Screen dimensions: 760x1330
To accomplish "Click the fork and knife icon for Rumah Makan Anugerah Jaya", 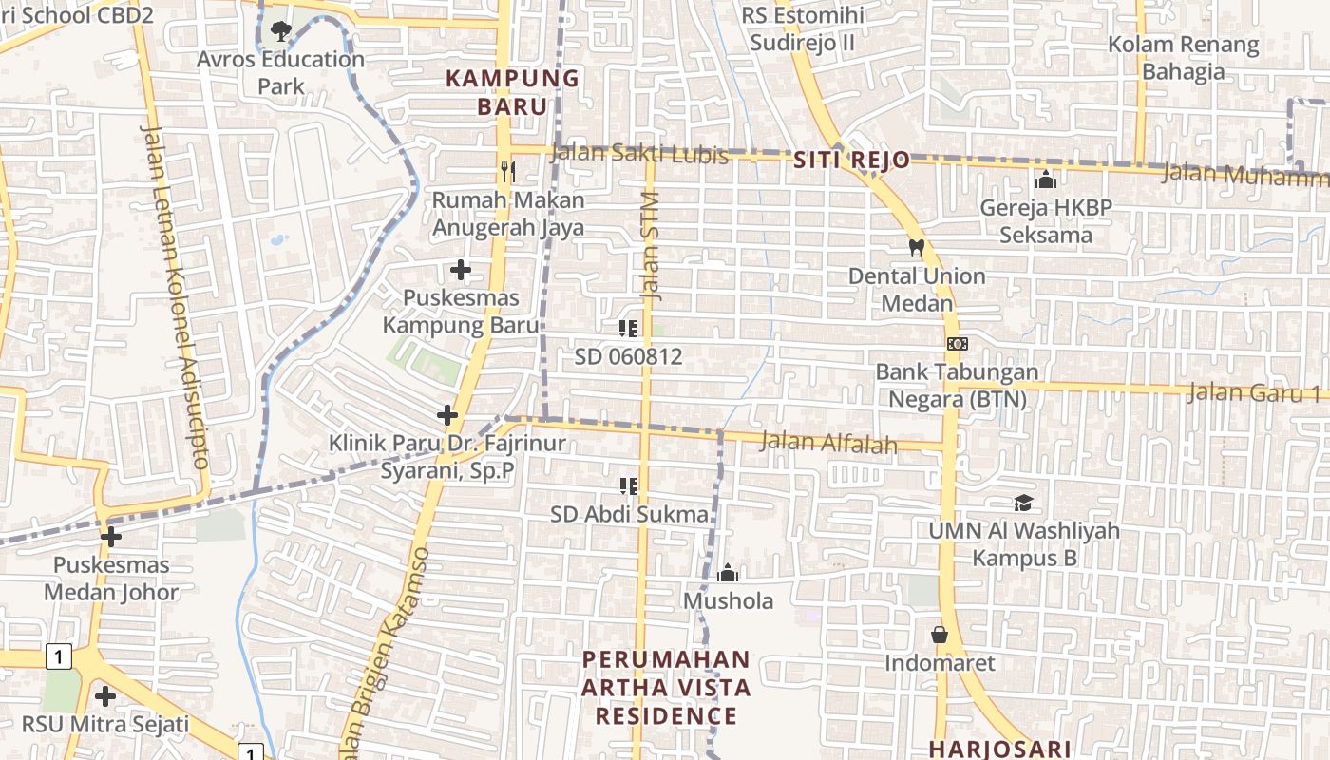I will point(507,172).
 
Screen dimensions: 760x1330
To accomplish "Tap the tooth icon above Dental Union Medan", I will point(917,247).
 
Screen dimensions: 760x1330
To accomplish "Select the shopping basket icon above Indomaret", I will point(940,634).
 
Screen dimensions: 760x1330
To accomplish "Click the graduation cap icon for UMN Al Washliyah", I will point(1022,503).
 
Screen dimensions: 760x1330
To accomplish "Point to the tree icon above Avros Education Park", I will point(280,31).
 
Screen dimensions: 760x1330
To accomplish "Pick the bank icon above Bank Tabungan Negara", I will point(957,343).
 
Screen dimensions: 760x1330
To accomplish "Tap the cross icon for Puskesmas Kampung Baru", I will point(461,270).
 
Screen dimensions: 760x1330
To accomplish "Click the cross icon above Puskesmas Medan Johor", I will point(111,537).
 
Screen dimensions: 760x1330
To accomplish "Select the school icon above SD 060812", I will point(628,329).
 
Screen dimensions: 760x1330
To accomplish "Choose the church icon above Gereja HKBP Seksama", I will point(1046,179).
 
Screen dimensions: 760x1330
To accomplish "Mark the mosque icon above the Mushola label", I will point(728,572).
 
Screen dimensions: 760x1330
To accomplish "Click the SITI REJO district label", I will point(851,161).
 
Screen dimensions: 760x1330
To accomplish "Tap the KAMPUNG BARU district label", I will point(512,92).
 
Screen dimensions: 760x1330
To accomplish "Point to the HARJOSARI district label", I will point(999,749).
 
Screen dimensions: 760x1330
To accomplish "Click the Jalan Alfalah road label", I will point(829,442).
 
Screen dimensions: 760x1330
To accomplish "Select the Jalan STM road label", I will point(651,246).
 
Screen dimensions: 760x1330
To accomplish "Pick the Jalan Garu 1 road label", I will point(1253,392).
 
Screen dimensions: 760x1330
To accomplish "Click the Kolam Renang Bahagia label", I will point(1184,58).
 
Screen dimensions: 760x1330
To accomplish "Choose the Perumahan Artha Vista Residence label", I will point(666,687).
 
